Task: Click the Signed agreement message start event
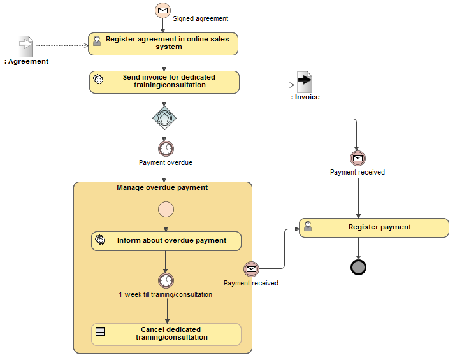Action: (164, 10)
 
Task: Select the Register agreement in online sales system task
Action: (164, 43)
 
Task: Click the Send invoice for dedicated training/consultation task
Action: (164, 82)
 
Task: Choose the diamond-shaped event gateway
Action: (164, 118)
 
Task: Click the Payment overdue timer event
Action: (166, 148)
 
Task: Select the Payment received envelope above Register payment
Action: (357, 158)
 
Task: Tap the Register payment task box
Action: (374, 227)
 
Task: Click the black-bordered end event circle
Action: (358, 267)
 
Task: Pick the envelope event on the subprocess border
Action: (251, 269)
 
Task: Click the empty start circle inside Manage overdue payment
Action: (166, 209)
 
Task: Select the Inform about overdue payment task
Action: (166, 241)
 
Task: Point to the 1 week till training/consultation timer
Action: (166, 280)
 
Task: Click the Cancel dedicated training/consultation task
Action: (166, 334)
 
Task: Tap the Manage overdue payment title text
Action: (162, 188)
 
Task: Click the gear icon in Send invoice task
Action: (99, 79)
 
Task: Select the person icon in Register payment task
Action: (308, 226)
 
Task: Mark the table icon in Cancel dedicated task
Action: (100, 331)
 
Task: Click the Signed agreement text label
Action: (201, 19)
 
